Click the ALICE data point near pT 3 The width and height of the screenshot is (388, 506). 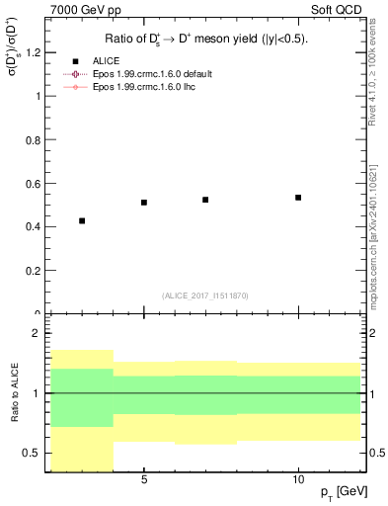[82, 220]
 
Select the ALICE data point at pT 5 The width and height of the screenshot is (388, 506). [144, 202]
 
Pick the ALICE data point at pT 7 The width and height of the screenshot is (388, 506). [205, 200]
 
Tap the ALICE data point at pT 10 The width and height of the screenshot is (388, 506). [298, 198]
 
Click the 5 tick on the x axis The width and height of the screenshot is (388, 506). [144, 478]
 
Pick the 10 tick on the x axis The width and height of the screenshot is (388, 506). [298, 478]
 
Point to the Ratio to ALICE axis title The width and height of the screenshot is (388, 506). [14, 393]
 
